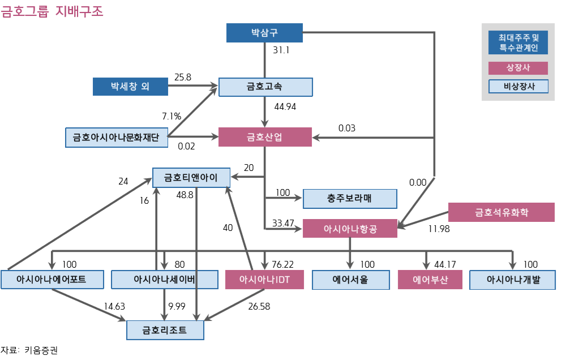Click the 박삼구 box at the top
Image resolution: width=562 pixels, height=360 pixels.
pyautogui.click(x=264, y=33)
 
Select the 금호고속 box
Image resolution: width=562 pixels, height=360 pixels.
pyautogui.click(x=265, y=87)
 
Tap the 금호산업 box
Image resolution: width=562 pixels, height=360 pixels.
pyautogui.click(x=265, y=137)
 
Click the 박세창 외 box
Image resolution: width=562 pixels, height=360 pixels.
pyautogui.click(x=130, y=87)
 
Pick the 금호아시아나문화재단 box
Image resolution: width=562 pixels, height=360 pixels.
pyautogui.click(x=116, y=138)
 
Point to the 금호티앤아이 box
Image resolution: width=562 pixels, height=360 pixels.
pyautogui.click(x=191, y=177)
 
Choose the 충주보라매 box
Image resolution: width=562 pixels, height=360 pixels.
pyautogui.click(x=350, y=199)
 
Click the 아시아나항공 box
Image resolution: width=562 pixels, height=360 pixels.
pyautogui.click(x=350, y=229)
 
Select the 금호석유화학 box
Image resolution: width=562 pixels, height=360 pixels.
pyautogui.click(x=501, y=212)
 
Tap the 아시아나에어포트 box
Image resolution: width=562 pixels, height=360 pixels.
pyautogui.click(x=52, y=280)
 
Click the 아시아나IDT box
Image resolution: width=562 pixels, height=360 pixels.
pyautogui.click(x=265, y=280)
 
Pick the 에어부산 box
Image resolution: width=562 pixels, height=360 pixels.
pyautogui.click(x=430, y=280)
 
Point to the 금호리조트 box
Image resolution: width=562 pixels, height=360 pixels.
pyautogui.click(x=165, y=329)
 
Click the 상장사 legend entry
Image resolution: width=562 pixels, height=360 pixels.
pyautogui.click(x=518, y=68)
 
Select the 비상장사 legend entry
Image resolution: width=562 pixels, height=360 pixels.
pyautogui.click(x=518, y=86)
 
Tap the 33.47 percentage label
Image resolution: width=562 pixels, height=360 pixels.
pyautogui.click(x=283, y=223)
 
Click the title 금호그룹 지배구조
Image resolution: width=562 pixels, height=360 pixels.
pyautogui.click(x=52, y=11)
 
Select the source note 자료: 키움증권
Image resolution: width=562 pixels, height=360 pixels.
pyautogui.click(x=29, y=350)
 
